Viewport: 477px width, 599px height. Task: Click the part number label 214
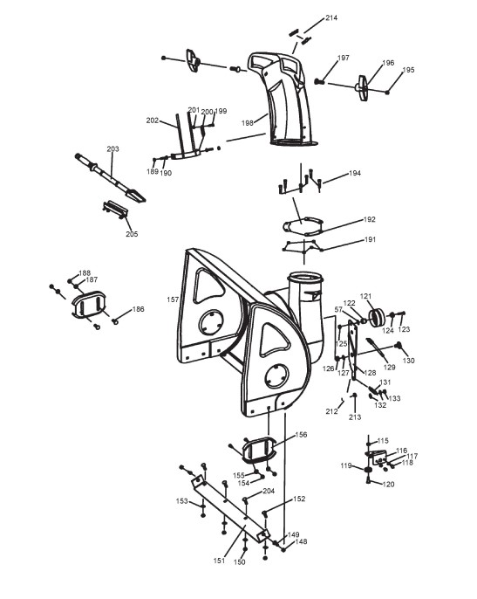point(331,17)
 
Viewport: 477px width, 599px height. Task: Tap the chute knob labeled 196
point(363,88)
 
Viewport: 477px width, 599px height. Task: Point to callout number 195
point(408,70)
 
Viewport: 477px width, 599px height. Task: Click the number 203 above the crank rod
point(112,149)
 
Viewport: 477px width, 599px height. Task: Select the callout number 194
point(355,173)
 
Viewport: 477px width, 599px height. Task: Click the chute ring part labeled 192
point(303,226)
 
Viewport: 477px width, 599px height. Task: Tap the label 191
point(370,239)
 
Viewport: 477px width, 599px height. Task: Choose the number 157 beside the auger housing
point(173,299)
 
